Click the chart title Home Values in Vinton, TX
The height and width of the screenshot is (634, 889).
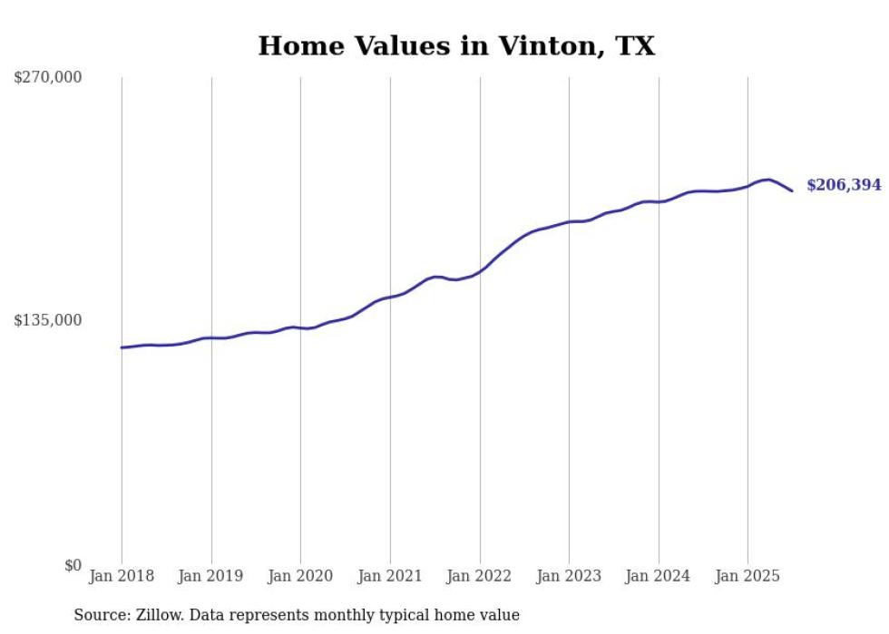[x=456, y=46]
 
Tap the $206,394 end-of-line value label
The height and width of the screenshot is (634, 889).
[x=843, y=185]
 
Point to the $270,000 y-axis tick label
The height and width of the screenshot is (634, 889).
[x=47, y=77]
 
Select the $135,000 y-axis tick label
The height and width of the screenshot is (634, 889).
[x=47, y=320]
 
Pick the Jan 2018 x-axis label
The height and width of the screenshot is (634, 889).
[x=122, y=576]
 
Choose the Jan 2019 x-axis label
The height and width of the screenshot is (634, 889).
[x=211, y=576]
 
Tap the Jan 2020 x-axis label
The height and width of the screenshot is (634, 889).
[x=300, y=576]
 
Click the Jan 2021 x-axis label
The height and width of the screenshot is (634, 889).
[x=390, y=576]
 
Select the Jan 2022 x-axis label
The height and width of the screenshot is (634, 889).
[x=479, y=576]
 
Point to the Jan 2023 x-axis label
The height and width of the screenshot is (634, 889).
[x=569, y=576]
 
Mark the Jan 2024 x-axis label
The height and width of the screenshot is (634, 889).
[x=659, y=576]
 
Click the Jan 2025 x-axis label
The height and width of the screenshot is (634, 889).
[x=747, y=576]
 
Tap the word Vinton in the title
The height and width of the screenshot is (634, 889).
[x=542, y=46]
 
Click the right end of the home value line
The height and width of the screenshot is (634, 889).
[x=792, y=190]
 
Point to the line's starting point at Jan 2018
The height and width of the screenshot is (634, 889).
[x=122, y=347]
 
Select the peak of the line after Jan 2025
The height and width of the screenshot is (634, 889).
[x=768, y=180]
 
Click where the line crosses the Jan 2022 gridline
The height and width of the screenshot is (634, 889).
[x=479, y=270]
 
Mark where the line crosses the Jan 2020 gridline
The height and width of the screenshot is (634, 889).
[x=300, y=327]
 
